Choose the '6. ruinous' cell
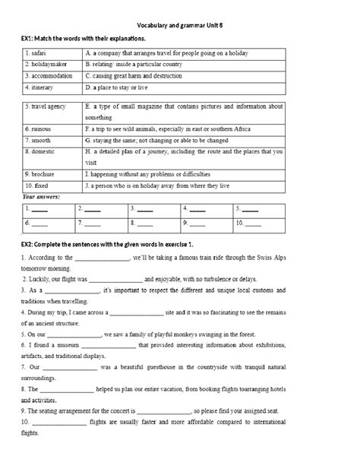coord(40,128)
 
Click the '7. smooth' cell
coord(40,141)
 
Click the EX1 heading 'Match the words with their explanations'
coord(85,37)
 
